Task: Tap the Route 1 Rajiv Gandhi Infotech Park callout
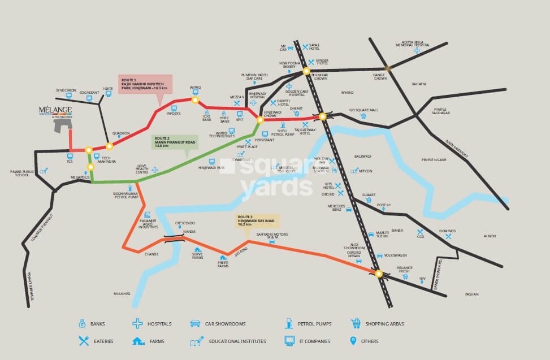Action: tap(144, 83)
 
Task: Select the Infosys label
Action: tap(172, 113)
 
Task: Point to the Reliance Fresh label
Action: tap(404, 270)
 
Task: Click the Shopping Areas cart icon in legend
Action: tap(356, 324)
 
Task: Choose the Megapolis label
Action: tap(81, 177)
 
